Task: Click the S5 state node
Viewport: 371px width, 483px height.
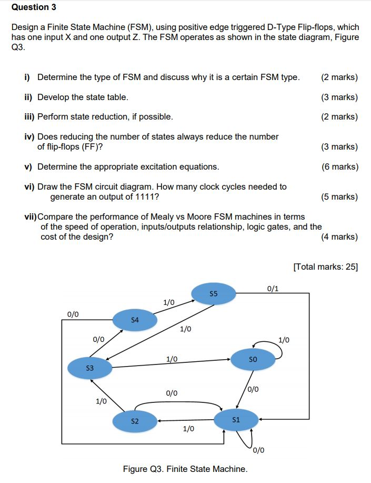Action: (213, 293)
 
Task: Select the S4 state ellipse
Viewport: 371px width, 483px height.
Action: (135, 320)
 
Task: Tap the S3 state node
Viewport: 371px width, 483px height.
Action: (89, 367)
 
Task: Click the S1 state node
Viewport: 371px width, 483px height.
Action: (236, 420)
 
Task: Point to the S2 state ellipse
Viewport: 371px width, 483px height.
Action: (135, 421)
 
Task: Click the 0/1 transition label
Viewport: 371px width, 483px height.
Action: (273, 288)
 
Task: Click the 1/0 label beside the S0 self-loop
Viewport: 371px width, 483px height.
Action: (284, 340)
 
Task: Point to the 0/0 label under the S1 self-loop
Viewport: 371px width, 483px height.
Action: (258, 450)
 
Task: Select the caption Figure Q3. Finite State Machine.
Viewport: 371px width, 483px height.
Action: (185, 469)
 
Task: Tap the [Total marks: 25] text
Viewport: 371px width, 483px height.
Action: (325, 267)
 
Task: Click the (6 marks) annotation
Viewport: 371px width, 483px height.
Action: (339, 167)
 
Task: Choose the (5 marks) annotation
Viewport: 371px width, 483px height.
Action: (339, 197)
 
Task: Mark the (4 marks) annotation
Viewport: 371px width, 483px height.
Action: (339, 236)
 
